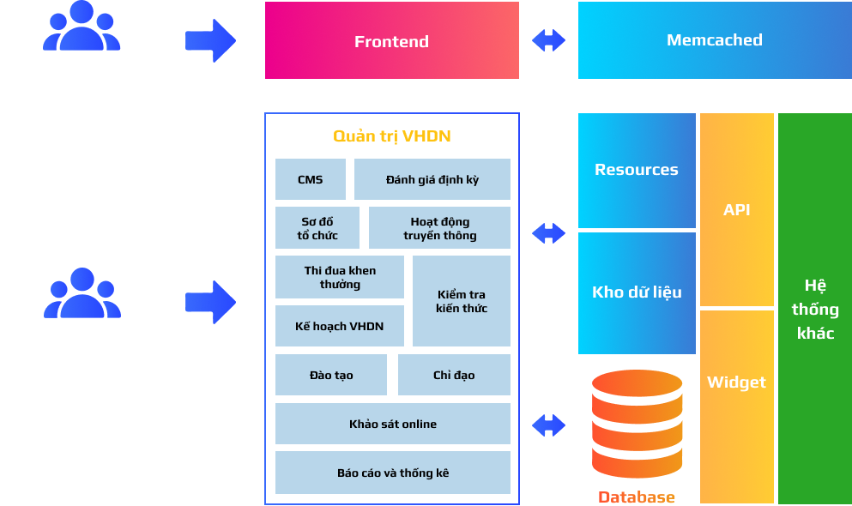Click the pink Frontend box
392,40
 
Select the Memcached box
715,40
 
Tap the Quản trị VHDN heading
392,136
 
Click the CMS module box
311,179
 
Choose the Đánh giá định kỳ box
432,179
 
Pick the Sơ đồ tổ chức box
317,227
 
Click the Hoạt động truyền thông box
439,227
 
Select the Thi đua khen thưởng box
340,277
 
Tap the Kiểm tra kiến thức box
462,301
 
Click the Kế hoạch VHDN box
340,326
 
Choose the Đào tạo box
331,375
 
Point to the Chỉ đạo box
454,375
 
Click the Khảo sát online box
393,424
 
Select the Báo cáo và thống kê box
393,473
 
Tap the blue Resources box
637,171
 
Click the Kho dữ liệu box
637,293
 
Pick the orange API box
737,209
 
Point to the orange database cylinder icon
637,424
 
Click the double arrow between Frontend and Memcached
549,40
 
